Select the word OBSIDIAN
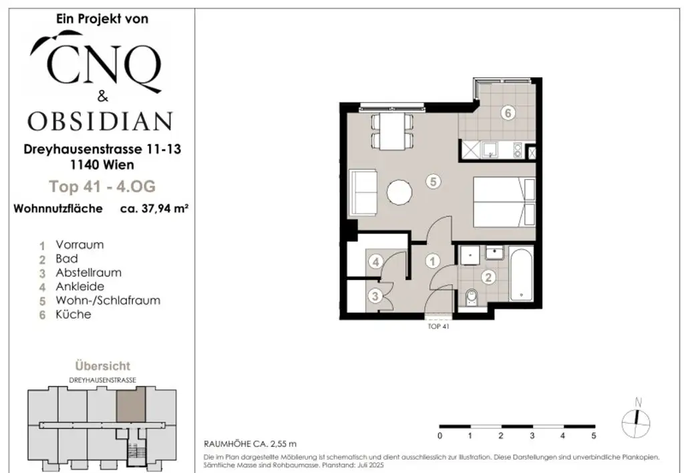click(100, 121)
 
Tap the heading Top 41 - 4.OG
click(102, 186)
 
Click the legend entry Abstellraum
click(79, 273)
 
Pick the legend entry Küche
click(73, 315)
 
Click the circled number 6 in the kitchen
click(507, 113)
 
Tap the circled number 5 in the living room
click(433, 180)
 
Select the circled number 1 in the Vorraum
click(433, 261)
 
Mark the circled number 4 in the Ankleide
click(377, 262)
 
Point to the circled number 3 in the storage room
click(377, 295)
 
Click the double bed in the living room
click(504, 202)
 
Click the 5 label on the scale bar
click(593, 436)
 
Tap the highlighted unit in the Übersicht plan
click(130, 406)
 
